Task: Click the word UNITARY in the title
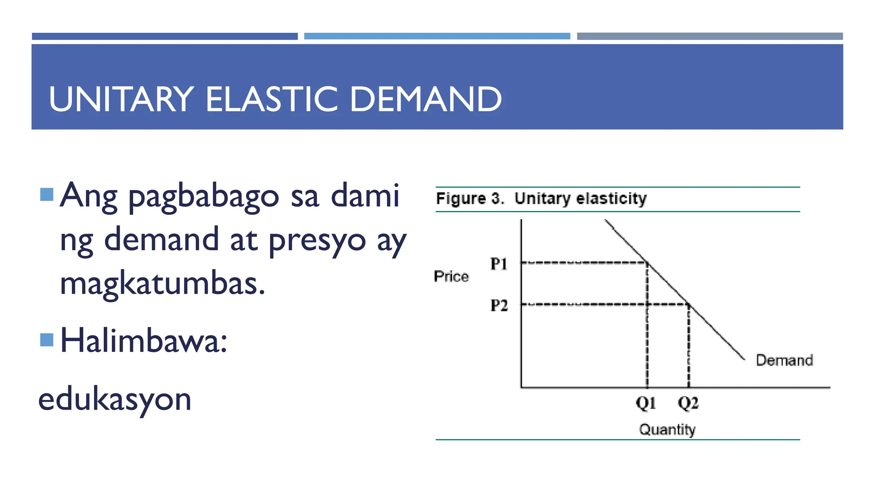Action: (x=121, y=99)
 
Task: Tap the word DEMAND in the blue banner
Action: (x=426, y=99)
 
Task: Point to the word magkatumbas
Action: (x=162, y=284)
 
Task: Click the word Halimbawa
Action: (x=144, y=341)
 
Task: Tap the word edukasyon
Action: (x=115, y=400)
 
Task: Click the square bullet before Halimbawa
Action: (x=47, y=340)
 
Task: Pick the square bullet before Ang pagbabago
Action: (x=47, y=194)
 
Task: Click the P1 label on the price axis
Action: (x=499, y=264)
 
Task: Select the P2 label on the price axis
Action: (x=499, y=305)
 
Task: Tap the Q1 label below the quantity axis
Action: (x=646, y=403)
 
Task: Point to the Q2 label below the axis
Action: (x=688, y=403)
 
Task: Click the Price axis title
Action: (x=451, y=276)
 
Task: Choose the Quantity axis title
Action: (x=667, y=429)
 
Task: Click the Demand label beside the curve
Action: (x=784, y=360)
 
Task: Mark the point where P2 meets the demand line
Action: (x=688, y=305)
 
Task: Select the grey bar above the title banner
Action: (x=710, y=36)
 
